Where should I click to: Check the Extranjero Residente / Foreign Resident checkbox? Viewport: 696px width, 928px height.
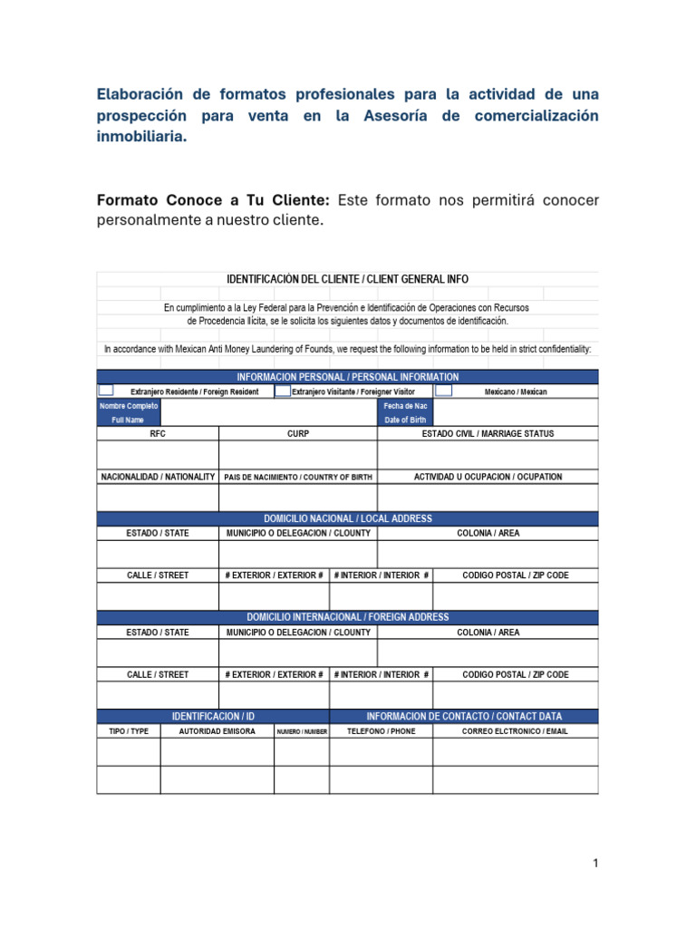105,391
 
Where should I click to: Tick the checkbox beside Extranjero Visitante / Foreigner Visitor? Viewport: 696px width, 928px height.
283,391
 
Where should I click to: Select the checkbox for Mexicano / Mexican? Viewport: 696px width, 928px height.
443,391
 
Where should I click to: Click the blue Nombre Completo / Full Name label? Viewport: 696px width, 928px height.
128,413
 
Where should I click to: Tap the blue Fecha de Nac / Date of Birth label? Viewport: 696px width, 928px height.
405,413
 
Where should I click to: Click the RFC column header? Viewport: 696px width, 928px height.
158,434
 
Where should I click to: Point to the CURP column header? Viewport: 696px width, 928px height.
298,434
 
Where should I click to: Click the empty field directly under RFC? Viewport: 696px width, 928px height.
158,455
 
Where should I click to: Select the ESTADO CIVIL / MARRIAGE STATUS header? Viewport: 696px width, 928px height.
488,434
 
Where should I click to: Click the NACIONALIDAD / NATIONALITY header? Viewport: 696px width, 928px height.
158,477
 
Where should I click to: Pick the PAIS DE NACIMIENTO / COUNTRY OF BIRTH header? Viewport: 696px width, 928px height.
298,477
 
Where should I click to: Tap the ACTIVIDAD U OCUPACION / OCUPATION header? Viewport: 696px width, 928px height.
488,477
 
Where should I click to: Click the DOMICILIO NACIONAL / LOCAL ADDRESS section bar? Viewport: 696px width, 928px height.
347,518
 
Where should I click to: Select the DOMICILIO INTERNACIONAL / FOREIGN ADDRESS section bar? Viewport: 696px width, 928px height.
347,617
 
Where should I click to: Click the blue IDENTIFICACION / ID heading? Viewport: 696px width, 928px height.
213,716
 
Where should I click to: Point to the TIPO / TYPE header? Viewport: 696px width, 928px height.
128,730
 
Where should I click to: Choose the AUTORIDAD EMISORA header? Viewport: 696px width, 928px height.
217,730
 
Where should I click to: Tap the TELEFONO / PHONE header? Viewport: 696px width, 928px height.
382,730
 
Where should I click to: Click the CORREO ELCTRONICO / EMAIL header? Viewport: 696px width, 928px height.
515,730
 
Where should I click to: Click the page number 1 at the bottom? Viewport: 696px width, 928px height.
594,864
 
